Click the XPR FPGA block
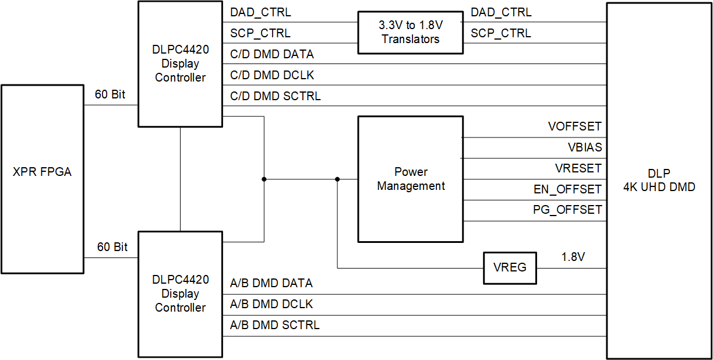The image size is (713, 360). [x=43, y=172]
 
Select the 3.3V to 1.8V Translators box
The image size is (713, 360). [x=410, y=33]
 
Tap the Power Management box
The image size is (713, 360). [x=410, y=179]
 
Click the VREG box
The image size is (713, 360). [x=510, y=267]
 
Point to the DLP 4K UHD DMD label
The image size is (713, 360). [x=659, y=180]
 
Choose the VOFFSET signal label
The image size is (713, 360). [x=574, y=126]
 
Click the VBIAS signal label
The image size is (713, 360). [x=584, y=147]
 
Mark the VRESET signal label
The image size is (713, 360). [x=578, y=168]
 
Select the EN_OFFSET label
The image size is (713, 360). [x=567, y=189]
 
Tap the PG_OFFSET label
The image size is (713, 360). [x=567, y=210]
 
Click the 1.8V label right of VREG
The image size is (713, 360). [x=573, y=257]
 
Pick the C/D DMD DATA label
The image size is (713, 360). [x=272, y=54]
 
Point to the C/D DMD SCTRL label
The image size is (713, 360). [x=276, y=96]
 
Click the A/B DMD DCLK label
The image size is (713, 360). [x=271, y=304]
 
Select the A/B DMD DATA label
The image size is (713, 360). [x=271, y=283]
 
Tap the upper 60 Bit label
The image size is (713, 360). [x=110, y=94]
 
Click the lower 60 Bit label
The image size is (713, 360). [x=112, y=247]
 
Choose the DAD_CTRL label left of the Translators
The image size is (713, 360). [x=260, y=12]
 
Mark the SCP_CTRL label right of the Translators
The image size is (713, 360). [x=500, y=33]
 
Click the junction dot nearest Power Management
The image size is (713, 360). [x=337, y=179]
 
